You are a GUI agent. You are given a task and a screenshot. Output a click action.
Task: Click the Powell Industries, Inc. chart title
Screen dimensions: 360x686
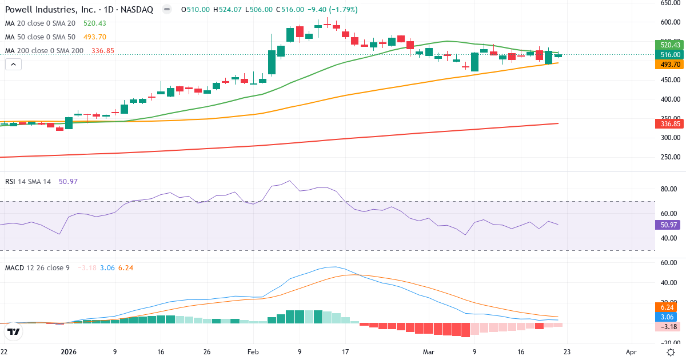[x=81, y=10]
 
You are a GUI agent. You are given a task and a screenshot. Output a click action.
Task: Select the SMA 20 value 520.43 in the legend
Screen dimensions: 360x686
[x=95, y=23]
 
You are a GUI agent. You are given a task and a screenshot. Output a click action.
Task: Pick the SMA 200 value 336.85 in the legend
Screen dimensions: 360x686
[x=103, y=50]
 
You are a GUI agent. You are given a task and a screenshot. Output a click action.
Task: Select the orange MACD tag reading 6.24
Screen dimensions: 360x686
[x=668, y=307]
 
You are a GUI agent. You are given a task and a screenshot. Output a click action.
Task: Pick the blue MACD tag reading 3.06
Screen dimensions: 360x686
[x=668, y=317]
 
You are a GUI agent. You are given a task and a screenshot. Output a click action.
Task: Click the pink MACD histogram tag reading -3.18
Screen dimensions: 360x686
[x=668, y=327]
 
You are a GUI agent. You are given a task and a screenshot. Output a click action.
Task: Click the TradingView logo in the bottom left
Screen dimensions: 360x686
[x=14, y=331]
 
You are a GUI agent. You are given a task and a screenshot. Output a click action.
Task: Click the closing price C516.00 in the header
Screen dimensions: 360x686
[x=292, y=10]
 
